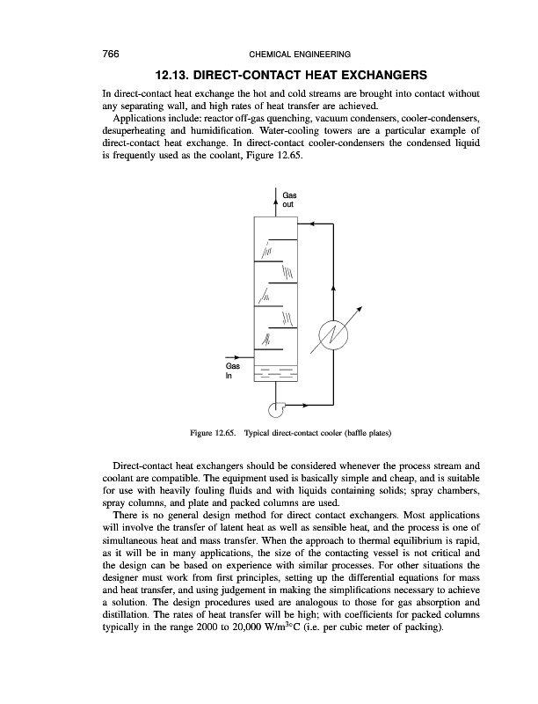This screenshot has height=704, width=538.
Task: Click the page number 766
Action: tap(112, 53)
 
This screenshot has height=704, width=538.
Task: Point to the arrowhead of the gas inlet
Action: tap(251, 357)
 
